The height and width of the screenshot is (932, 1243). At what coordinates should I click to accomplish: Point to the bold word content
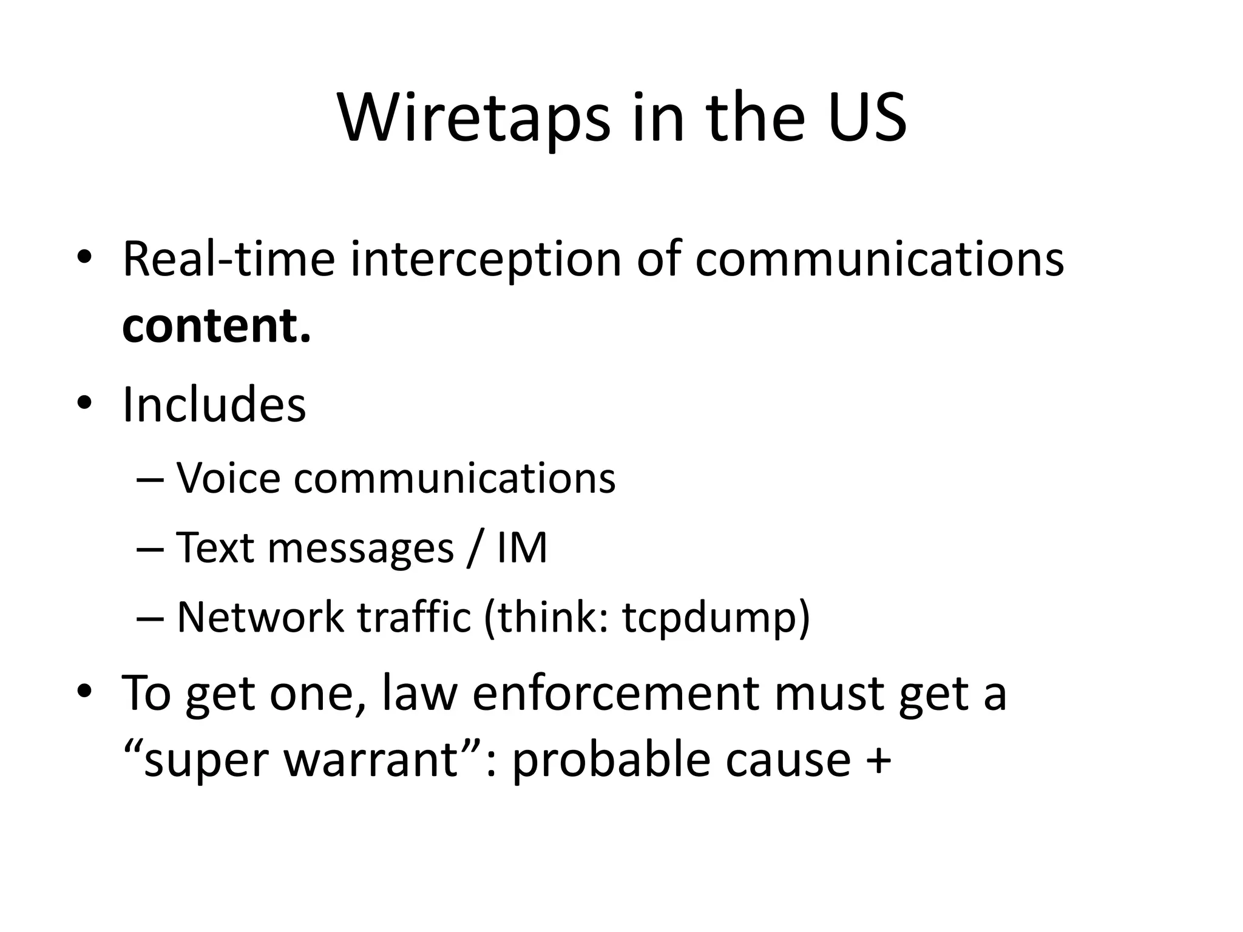(x=216, y=326)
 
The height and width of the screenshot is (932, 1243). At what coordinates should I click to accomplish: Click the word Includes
(x=214, y=405)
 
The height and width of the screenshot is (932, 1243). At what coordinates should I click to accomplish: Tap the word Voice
(x=228, y=478)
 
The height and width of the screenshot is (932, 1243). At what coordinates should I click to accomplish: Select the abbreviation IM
(x=522, y=548)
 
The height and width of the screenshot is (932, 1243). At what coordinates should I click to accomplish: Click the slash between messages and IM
(x=475, y=548)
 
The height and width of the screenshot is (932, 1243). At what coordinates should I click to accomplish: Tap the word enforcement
(x=615, y=693)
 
